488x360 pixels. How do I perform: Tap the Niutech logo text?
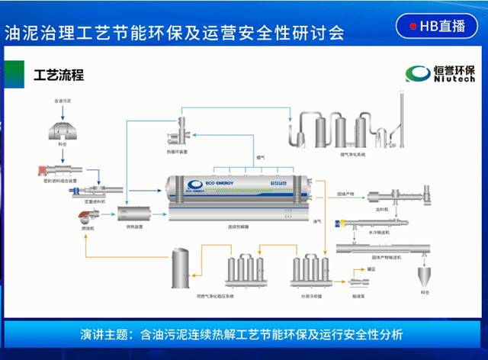(x=451, y=79)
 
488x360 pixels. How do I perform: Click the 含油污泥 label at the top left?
(x=63, y=100)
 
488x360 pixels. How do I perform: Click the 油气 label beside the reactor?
(x=317, y=221)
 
